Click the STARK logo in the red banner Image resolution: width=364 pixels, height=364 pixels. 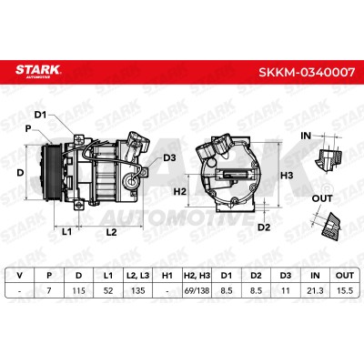[x=38, y=71]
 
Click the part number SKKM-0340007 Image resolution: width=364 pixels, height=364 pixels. [x=307, y=72]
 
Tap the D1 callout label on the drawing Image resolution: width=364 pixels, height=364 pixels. [x=40, y=115]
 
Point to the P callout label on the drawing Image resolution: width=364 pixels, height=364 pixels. [x=28, y=128]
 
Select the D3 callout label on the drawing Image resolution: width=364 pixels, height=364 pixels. [x=169, y=157]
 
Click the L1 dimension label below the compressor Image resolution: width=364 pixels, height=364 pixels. [x=66, y=232]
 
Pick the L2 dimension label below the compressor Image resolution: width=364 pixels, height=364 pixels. [x=111, y=232]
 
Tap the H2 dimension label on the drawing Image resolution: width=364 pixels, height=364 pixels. [x=179, y=191]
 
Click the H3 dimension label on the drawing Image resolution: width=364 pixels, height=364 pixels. [x=287, y=176]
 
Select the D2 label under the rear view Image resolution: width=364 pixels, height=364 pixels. [x=264, y=227]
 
